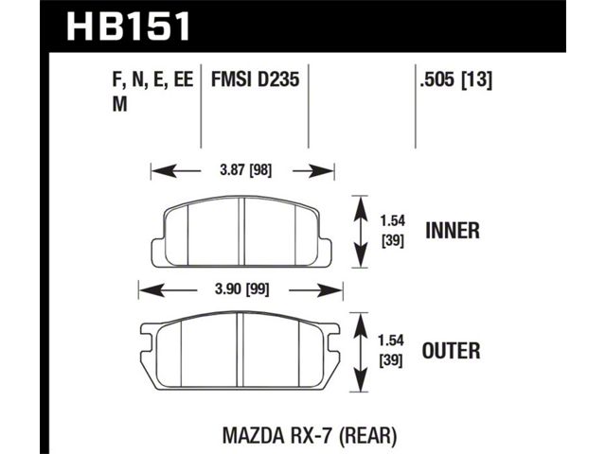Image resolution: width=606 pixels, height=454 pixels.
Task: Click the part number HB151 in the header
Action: tap(129, 26)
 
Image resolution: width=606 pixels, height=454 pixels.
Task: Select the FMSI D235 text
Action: tap(255, 79)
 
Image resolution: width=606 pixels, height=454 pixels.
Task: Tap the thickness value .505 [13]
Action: tap(456, 80)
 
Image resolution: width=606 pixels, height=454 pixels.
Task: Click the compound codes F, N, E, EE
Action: tap(152, 80)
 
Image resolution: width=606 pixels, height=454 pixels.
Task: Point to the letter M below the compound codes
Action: tap(120, 104)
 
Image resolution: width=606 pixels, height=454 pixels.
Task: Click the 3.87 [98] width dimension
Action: tap(246, 170)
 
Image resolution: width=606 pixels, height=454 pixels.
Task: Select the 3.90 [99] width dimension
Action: tap(242, 289)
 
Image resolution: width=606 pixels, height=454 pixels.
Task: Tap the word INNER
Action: tap(453, 231)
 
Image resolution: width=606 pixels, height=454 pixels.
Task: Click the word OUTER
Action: tap(451, 351)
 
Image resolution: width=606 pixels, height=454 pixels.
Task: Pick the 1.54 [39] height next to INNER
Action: tap(393, 231)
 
